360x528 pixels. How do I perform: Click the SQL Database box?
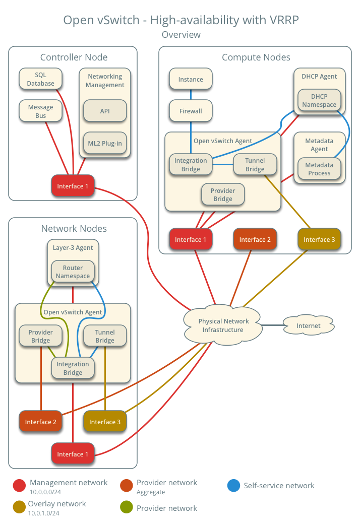(x=40, y=79)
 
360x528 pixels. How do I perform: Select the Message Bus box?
(x=40, y=111)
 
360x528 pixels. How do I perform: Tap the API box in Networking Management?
(x=105, y=111)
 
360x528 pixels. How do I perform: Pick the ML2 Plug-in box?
(x=105, y=143)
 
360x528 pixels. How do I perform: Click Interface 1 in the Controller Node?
(x=73, y=186)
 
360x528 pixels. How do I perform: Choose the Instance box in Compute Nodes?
(x=191, y=79)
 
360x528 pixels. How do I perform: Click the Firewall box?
(x=191, y=111)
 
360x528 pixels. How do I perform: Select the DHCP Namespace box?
(x=319, y=101)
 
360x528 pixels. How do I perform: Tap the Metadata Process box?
(x=319, y=169)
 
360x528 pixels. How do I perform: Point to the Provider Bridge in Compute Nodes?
(x=222, y=194)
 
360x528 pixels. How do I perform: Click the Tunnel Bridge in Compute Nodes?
(x=255, y=165)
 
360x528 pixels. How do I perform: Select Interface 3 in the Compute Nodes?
(x=319, y=239)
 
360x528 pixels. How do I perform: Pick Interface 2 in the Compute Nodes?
(x=255, y=239)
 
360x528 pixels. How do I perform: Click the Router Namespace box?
(x=73, y=272)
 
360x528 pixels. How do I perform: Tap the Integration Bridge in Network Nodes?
(x=73, y=368)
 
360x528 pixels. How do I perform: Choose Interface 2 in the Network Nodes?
(x=40, y=422)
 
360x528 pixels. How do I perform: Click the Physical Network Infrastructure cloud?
(x=223, y=325)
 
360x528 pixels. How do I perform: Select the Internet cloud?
(x=308, y=326)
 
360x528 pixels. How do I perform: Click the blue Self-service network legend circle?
(x=233, y=486)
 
